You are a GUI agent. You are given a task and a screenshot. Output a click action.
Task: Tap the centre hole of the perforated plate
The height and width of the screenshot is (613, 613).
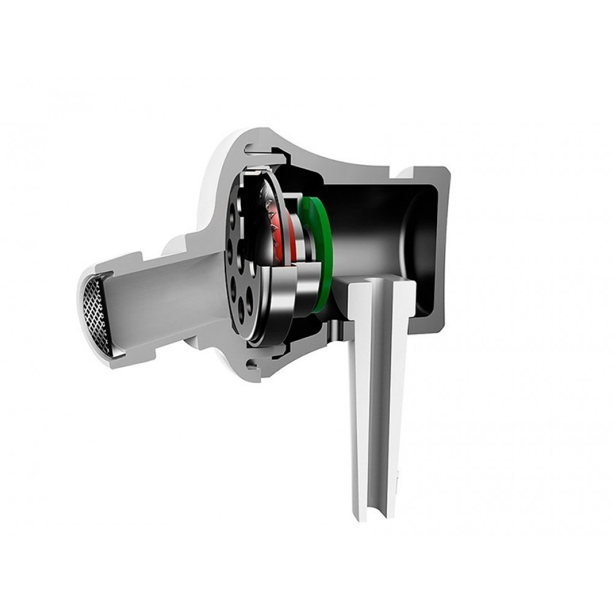click(240, 264)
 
